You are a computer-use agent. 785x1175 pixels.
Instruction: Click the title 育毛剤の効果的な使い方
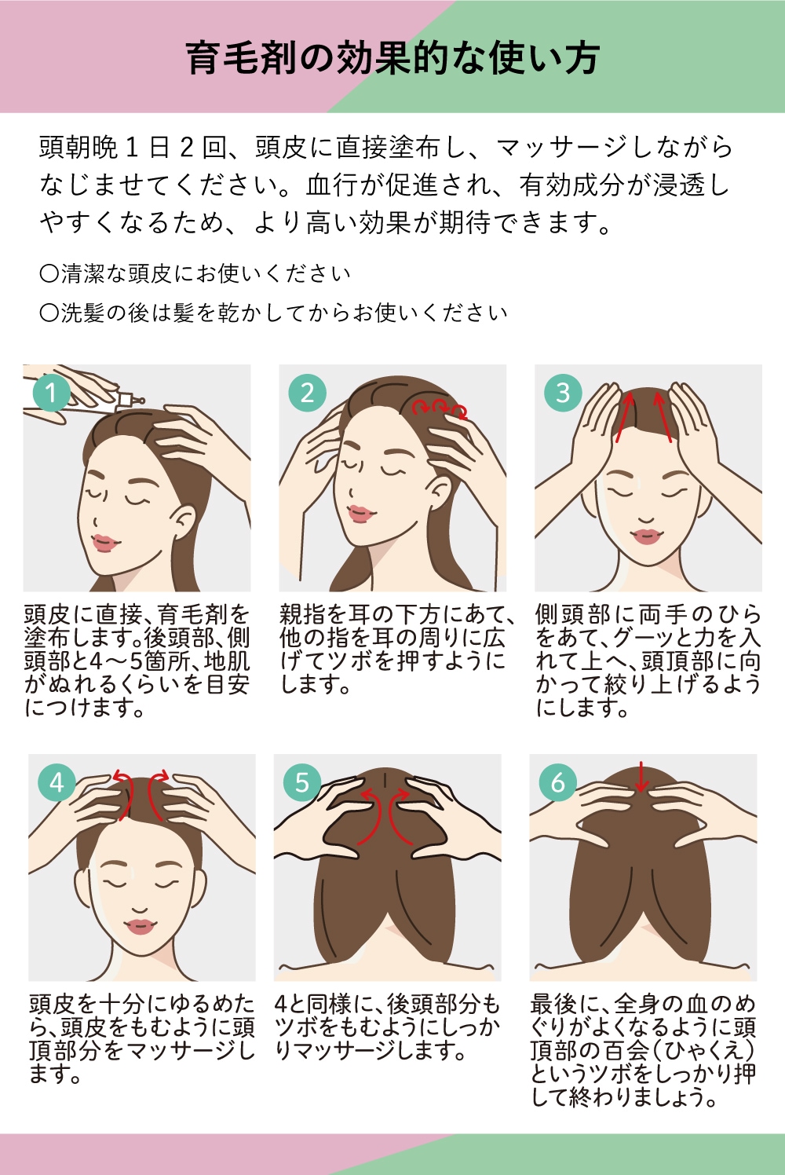pyautogui.click(x=392, y=58)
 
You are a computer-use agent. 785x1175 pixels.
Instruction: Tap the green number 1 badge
pyautogui.click(x=51, y=392)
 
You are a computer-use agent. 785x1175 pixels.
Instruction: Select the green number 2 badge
pyautogui.click(x=307, y=392)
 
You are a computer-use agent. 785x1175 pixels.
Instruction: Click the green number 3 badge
pyautogui.click(x=563, y=392)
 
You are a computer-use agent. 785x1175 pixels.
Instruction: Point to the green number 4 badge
pyautogui.click(x=57, y=782)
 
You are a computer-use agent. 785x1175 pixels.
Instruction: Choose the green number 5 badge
pyautogui.click(x=302, y=782)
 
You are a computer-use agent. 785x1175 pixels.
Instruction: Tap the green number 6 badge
pyautogui.click(x=558, y=782)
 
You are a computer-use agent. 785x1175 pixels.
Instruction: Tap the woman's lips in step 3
pyautogui.click(x=646, y=536)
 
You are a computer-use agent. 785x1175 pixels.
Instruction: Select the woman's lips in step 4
pyautogui.click(x=141, y=927)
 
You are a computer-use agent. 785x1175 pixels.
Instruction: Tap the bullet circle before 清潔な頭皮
pyautogui.click(x=49, y=273)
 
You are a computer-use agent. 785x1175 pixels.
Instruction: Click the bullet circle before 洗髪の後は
pyautogui.click(x=49, y=313)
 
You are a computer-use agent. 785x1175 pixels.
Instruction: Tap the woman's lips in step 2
pyautogui.click(x=360, y=514)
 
